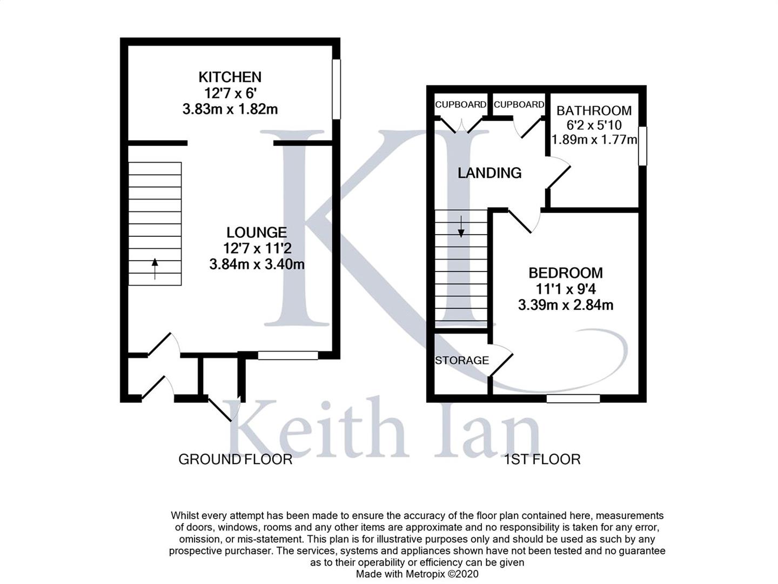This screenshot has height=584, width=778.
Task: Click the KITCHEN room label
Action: pos(230,77)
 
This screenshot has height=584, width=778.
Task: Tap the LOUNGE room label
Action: pos(256,233)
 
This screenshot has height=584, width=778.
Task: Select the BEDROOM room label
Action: pos(565,273)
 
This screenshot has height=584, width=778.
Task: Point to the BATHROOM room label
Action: pos(594,110)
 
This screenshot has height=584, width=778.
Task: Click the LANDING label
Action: pos(489,173)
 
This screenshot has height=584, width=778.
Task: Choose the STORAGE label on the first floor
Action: pos(462,360)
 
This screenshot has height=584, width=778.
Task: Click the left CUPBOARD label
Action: pos(460,104)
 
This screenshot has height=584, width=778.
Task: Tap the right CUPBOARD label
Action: pos(519,104)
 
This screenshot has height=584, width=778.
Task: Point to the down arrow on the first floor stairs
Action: pos(461,227)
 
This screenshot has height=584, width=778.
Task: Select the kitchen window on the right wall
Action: pos(336,89)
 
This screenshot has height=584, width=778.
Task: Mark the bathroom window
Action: pos(642,146)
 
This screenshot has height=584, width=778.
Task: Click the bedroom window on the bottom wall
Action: pos(573,399)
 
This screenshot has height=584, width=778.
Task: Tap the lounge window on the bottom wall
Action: pos(287,355)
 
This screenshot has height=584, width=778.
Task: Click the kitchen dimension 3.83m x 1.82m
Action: pos(230,109)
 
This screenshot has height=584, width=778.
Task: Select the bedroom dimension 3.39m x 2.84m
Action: pos(565,305)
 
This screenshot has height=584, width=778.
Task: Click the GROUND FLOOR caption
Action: pos(235,460)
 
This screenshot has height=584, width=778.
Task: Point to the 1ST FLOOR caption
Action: pos(542,460)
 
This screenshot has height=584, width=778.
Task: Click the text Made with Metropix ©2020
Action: pos(417,574)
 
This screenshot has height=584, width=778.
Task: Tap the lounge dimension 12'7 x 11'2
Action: pos(256,249)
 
